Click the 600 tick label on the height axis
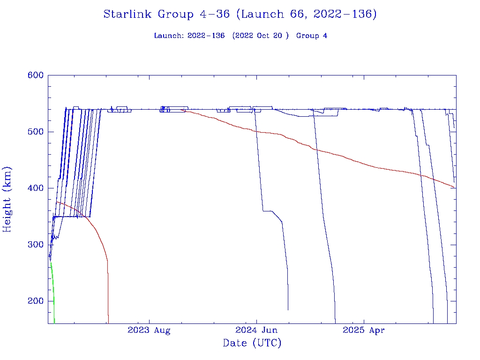(x=35, y=75)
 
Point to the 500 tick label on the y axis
(x=35, y=132)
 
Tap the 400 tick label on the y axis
(x=35, y=188)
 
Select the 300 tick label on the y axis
(x=35, y=245)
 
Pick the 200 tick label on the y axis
(x=35, y=301)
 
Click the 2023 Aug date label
(x=149, y=330)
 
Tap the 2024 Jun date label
(x=256, y=330)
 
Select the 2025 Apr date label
(x=364, y=330)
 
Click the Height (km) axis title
(x=7, y=199)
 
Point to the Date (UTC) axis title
(x=252, y=344)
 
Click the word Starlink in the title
(x=127, y=15)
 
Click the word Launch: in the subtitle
(x=169, y=36)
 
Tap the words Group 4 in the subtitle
(x=312, y=36)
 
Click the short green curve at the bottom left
(x=52, y=286)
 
